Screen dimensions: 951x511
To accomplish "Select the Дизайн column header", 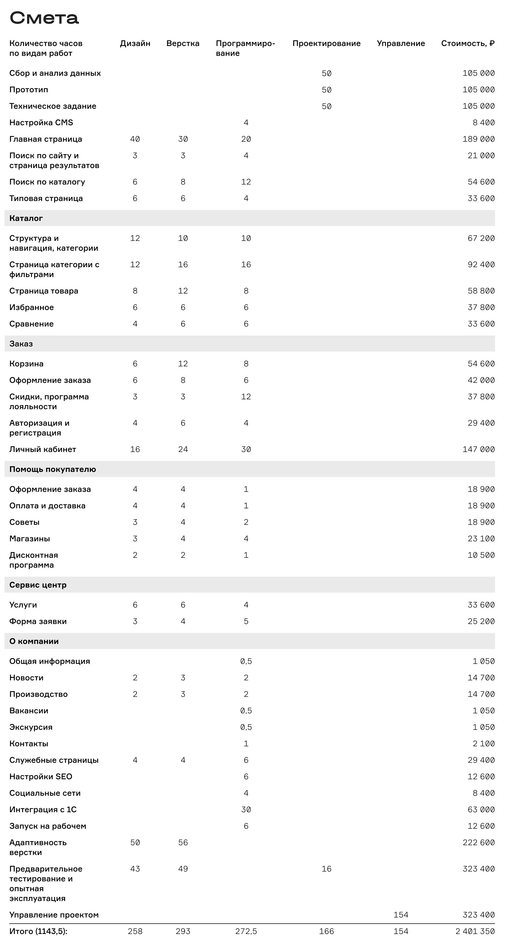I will click(135, 44).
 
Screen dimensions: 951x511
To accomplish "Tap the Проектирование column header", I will click(326, 44).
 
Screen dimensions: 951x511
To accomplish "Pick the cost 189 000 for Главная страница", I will click(479, 139).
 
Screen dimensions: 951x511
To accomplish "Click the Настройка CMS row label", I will click(41, 123).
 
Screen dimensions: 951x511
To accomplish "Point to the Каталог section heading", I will click(26, 218).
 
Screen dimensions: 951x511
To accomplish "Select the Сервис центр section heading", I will click(38, 585).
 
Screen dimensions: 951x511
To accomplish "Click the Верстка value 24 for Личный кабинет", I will click(183, 449).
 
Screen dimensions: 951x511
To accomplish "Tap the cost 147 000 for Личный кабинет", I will click(479, 449).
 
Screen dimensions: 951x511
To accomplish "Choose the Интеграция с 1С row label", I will click(43, 810).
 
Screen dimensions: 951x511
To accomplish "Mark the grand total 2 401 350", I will click(475, 931).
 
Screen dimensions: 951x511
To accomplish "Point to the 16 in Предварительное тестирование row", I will click(326, 869).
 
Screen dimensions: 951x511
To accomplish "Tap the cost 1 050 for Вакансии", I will click(483, 711).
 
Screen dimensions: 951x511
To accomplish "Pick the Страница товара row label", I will click(44, 291).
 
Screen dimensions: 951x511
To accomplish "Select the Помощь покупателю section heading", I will click(52, 469).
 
